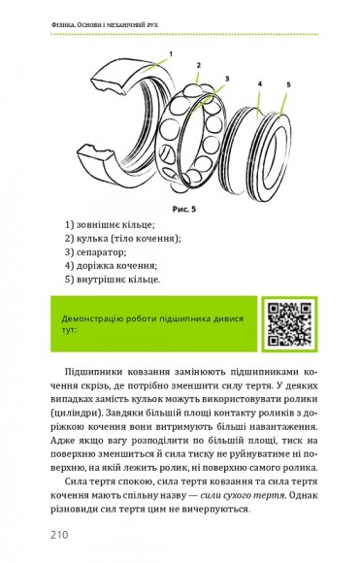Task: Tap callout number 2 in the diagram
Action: click(x=200, y=66)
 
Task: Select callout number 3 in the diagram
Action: click(x=228, y=78)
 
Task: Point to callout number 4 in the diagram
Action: click(x=260, y=84)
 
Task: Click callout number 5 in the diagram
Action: click(x=288, y=85)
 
